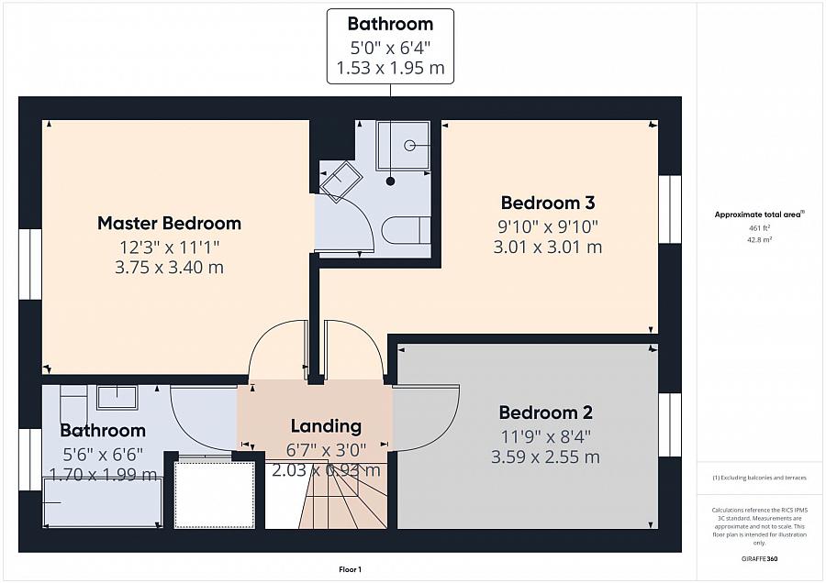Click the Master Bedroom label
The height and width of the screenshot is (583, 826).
[169, 223]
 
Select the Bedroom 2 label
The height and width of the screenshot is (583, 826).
[545, 412]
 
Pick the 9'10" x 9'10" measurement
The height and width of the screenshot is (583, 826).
[548, 225]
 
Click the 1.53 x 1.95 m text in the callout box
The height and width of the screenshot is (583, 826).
[390, 67]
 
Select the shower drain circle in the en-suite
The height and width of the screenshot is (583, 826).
[410, 145]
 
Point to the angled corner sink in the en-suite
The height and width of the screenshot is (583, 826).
[340, 181]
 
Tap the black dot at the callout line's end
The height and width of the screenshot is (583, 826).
[391, 181]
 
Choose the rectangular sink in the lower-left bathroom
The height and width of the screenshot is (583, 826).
[117, 397]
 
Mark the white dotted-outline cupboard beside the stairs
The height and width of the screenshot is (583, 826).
[214, 494]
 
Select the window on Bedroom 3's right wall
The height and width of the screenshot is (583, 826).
[671, 209]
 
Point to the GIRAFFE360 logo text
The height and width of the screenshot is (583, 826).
[759, 558]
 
